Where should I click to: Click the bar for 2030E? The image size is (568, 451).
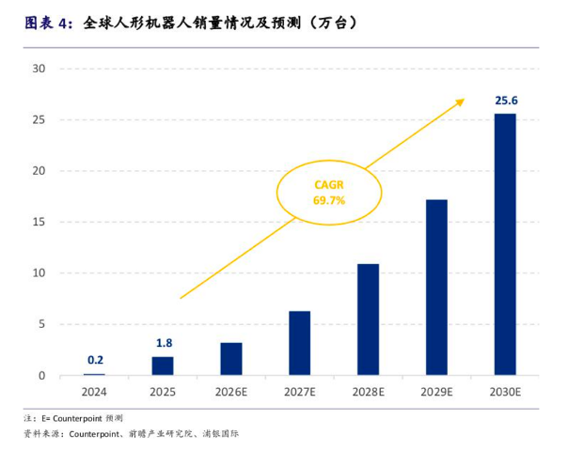click(x=505, y=244)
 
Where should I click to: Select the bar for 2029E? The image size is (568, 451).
click(x=436, y=288)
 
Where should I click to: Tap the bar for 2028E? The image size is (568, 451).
click(x=368, y=319)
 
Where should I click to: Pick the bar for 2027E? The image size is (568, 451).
click(x=300, y=343)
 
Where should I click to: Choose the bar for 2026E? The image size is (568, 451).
click(x=231, y=359)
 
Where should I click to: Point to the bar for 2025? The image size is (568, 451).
click(x=163, y=365)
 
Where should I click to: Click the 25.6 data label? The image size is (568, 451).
click(x=507, y=101)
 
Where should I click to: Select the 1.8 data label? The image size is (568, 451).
click(x=164, y=343)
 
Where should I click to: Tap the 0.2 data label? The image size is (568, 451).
click(x=95, y=360)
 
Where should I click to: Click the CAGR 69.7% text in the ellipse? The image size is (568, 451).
click(x=329, y=193)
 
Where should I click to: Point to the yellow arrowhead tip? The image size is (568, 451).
click(x=465, y=99)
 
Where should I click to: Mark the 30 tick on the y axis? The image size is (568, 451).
click(x=39, y=69)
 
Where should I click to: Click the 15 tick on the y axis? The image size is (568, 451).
click(x=39, y=222)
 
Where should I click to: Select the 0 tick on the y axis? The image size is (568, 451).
click(x=42, y=376)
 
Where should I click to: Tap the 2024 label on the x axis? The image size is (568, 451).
click(x=94, y=392)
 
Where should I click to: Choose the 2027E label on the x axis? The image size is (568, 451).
click(x=300, y=392)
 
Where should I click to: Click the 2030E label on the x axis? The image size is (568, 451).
click(x=505, y=392)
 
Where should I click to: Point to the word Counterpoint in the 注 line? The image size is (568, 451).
click(x=77, y=418)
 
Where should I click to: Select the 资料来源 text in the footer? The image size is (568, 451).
click(x=42, y=434)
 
